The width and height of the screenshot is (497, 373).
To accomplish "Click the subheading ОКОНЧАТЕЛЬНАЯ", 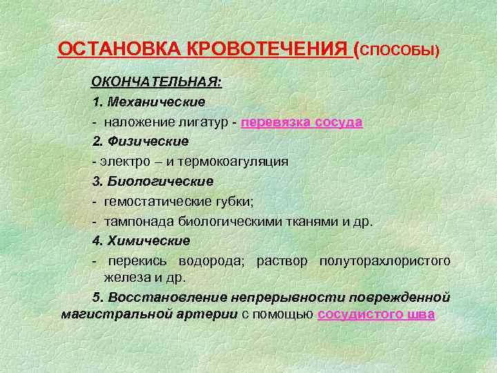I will click(157, 82).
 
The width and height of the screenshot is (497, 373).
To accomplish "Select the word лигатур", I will click(205, 122).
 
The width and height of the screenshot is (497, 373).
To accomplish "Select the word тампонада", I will click(134, 221).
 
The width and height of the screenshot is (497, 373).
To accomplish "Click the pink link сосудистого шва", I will click(376, 314).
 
